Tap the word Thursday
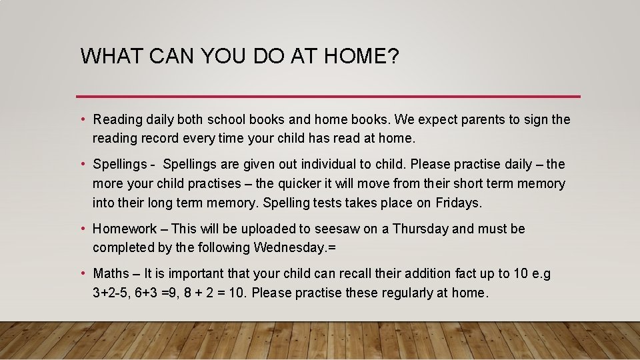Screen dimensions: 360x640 pyautogui.click(x=421, y=229)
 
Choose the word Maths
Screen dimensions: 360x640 pyautogui.click(x=111, y=273)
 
